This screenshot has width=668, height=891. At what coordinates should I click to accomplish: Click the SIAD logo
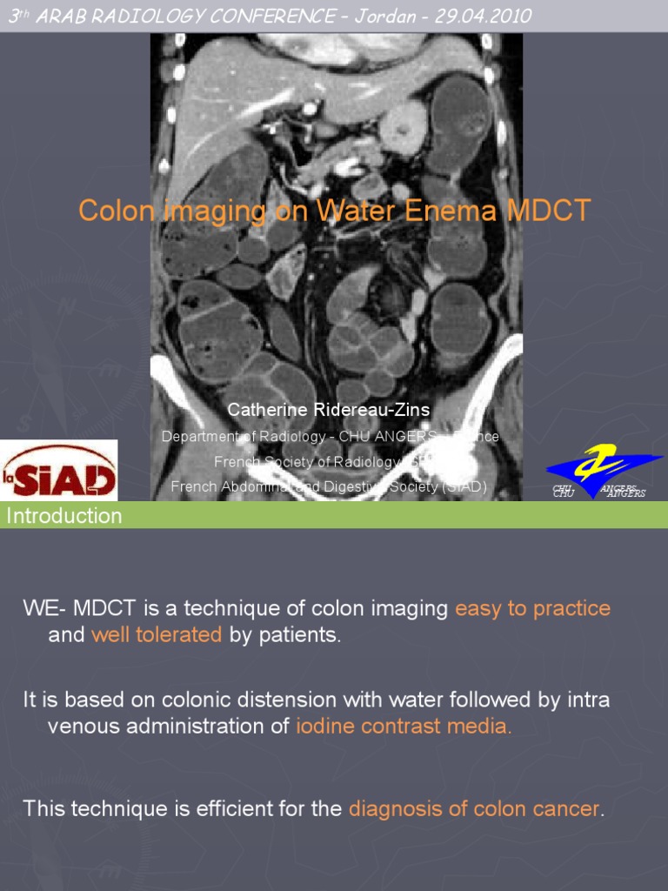(x=58, y=471)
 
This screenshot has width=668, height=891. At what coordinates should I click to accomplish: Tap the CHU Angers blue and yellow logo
(x=604, y=472)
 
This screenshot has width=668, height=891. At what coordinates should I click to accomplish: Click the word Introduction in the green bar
(x=64, y=516)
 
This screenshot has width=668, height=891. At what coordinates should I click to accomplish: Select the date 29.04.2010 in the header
(x=489, y=16)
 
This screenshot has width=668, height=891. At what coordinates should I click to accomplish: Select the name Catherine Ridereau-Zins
(x=329, y=409)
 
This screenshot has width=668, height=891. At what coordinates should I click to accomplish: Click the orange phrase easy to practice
(x=532, y=608)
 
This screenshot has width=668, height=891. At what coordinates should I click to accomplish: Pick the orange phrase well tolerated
(x=157, y=635)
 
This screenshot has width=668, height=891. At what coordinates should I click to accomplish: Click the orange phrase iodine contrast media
(x=404, y=727)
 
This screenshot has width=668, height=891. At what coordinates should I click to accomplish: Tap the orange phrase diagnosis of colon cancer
(x=474, y=809)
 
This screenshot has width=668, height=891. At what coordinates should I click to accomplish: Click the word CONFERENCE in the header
(x=277, y=16)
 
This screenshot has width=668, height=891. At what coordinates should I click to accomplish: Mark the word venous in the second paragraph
(x=83, y=727)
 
